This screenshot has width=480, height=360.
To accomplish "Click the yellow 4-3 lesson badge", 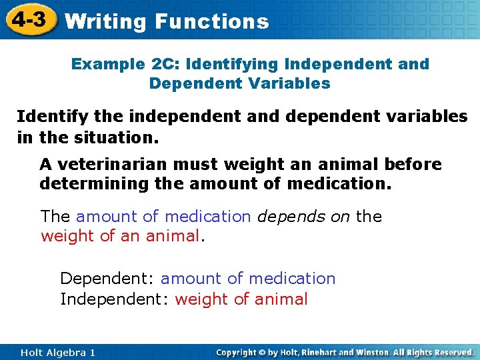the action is click(31, 19).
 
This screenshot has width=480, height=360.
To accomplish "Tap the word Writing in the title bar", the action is click(105, 22).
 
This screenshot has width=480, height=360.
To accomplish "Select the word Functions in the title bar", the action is click(212, 21).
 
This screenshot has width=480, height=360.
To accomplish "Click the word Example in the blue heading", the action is click(108, 65).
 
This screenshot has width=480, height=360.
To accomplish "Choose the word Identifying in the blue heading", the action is click(232, 65).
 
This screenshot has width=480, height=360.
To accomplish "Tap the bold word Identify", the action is click(53, 117).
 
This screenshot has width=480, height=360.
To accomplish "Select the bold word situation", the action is click(117, 137).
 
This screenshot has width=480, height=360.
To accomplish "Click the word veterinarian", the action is click(113, 164).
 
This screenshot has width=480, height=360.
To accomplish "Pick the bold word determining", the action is click(94, 184).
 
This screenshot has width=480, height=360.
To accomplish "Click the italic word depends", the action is click(291, 217).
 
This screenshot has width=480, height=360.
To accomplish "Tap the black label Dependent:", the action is click(107, 279).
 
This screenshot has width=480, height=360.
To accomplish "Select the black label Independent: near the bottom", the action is click(115, 299).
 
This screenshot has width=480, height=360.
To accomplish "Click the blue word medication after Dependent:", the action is click(293, 279).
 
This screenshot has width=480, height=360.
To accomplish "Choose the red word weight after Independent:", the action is click(201, 300).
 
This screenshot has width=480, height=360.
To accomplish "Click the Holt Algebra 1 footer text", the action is click(58, 353).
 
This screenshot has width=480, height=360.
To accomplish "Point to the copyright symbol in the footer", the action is click(262, 353).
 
